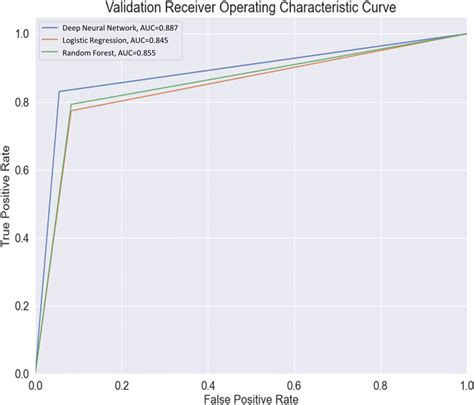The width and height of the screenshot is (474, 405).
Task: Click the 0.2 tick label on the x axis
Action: tap(122, 384)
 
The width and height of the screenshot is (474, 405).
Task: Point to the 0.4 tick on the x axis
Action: tap(208, 384)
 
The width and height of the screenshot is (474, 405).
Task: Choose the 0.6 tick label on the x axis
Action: tap(294, 384)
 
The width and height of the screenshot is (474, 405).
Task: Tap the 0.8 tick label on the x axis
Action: tap(379, 384)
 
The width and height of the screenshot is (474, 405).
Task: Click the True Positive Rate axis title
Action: tap(8, 203)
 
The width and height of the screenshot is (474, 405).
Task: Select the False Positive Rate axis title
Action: tap(250, 398)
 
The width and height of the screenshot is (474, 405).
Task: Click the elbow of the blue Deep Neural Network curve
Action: tap(59, 92)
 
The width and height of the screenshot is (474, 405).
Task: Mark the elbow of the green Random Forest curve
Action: tap(71, 104)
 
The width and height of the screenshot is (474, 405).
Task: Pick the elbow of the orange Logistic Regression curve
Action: tap(71, 111)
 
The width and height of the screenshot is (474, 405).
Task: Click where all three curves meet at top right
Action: tap(465, 34)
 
